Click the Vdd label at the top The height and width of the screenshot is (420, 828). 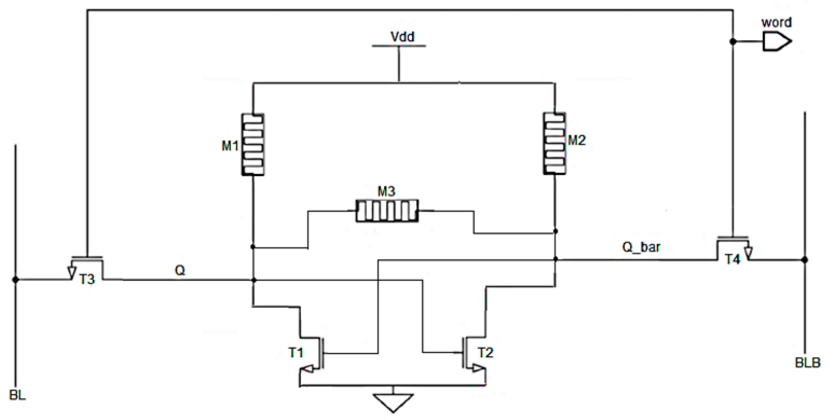point(402,37)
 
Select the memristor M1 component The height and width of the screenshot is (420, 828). point(253,144)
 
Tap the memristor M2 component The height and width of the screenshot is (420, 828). point(554,143)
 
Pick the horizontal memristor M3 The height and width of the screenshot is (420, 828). point(387,211)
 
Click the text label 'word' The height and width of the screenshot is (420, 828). point(776,22)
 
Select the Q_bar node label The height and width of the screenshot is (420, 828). point(641,247)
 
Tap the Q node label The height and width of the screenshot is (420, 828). point(180,270)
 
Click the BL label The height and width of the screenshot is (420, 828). point(17,395)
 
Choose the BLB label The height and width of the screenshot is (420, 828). point(807,363)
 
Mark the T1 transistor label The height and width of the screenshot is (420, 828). point(296,353)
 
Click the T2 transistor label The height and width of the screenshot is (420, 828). point(485,353)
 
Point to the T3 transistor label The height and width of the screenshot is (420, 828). point(87,279)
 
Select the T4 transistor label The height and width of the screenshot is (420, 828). point(732,259)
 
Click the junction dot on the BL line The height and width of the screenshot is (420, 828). point(15,280)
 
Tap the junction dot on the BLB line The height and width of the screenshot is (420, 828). point(804,260)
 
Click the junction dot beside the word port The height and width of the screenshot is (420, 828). point(733,41)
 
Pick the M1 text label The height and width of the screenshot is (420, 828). point(230,146)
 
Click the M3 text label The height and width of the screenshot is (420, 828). point(386,192)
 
